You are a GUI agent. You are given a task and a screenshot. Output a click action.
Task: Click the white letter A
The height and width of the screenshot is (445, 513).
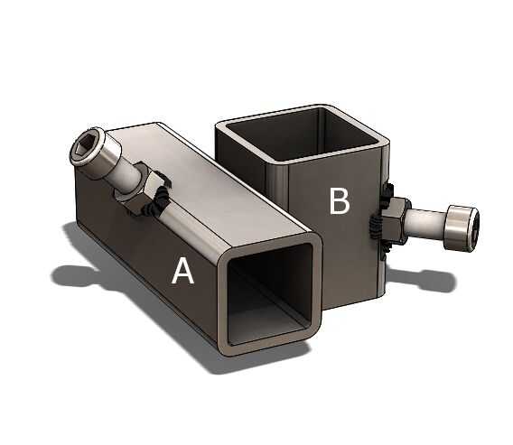pos(182,271)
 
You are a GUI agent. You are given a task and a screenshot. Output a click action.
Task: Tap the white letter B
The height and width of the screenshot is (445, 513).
pos(340,201)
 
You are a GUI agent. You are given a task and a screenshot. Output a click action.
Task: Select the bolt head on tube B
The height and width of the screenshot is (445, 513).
pos(462,228)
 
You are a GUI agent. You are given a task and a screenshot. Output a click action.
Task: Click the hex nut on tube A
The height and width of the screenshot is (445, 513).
pos(140,193)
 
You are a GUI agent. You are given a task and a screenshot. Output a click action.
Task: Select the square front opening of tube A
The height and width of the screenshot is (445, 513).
pos(269,293)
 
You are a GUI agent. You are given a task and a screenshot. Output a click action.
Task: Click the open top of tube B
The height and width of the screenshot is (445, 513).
pos(302,134)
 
